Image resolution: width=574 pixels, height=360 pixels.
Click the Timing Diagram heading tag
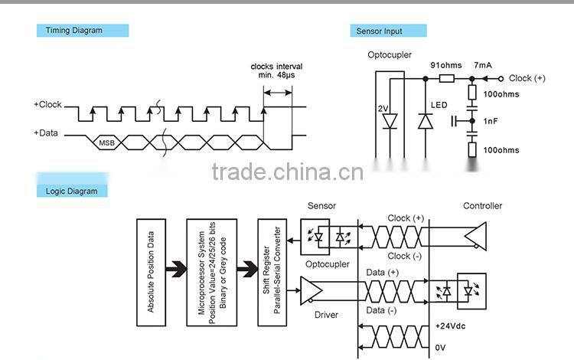pyautogui.click(x=82, y=31)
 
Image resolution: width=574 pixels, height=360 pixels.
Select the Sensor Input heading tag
pyautogui.click(x=388, y=31)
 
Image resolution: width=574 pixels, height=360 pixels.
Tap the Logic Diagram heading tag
pyautogui.click(x=72, y=191)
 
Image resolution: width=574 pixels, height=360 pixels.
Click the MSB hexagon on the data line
pyautogui.click(x=106, y=142)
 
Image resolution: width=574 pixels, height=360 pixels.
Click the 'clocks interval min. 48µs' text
pyautogui.click(x=276, y=71)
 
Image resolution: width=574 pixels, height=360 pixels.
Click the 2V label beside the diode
pyautogui.click(x=383, y=108)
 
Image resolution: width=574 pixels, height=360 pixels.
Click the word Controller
pyautogui.click(x=482, y=206)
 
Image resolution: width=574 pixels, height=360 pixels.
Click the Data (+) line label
pyautogui.click(x=383, y=272)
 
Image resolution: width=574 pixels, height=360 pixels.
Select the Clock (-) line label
pyautogui.click(x=405, y=256)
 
